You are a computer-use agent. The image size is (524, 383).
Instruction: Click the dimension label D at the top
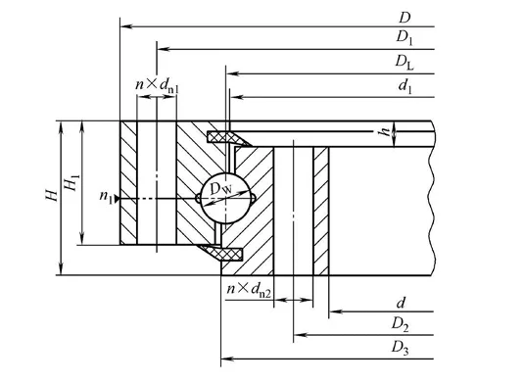(x=405, y=18)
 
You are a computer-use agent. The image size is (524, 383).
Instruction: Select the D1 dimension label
(x=405, y=37)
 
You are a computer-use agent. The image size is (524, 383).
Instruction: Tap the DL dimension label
(x=405, y=62)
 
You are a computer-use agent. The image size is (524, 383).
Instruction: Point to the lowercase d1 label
(x=405, y=86)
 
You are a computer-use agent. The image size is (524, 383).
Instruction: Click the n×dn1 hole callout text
(x=157, y=85)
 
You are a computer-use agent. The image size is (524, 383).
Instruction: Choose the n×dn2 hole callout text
(x=249, y=289)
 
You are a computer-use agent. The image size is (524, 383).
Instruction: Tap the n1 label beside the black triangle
(x=106, y=197)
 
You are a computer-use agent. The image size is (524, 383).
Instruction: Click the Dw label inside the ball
(x=220, y=189)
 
